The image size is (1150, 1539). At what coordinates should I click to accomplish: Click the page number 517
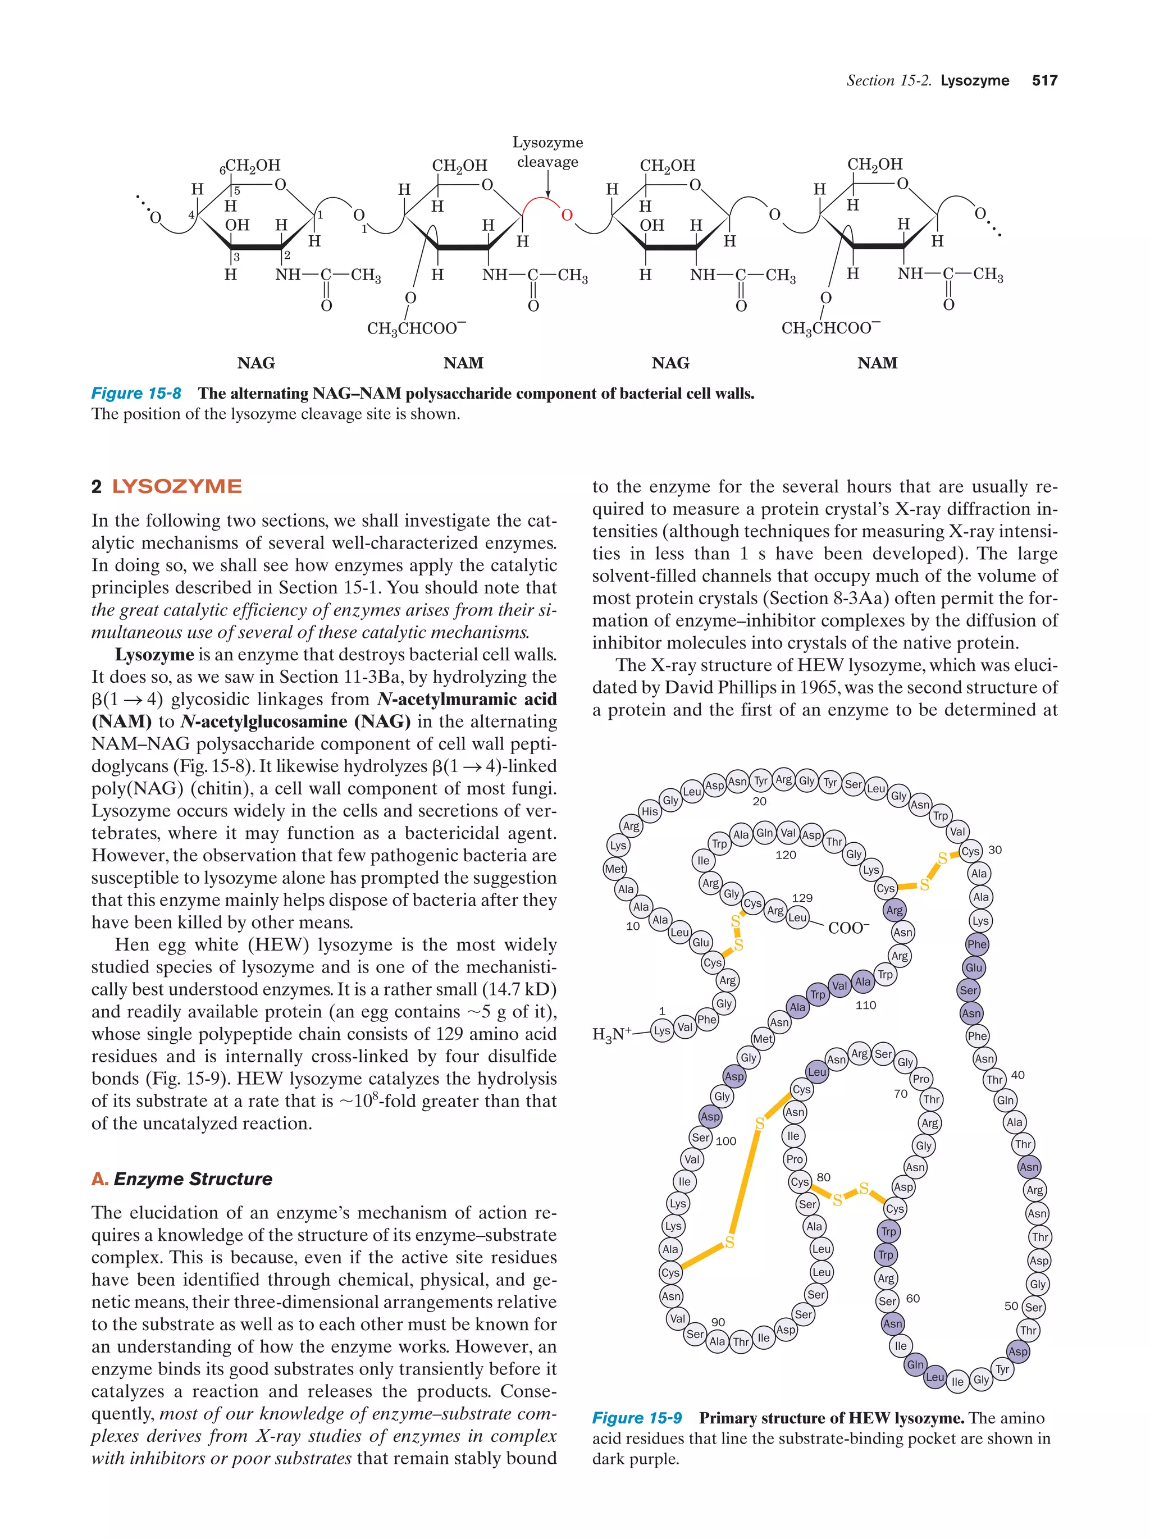click(x=1044, y=81)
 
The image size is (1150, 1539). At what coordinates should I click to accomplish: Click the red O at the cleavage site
click(x=567, y=215)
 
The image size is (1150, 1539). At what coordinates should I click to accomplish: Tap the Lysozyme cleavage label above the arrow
click(x=547, y=152)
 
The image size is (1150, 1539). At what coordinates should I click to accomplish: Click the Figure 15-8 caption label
click(x=136, y=393)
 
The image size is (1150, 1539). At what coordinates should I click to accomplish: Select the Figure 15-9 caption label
click(x=637, y=1417)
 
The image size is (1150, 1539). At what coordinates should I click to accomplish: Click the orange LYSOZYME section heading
click(x=177, y=486)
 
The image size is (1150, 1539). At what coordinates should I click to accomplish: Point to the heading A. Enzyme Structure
click(x=182, y=1179)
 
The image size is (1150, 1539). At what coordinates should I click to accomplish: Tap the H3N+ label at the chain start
click(x=611, y=1035)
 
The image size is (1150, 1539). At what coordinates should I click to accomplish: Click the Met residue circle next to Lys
click(x=614, y=868)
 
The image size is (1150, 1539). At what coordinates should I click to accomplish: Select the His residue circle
click(x=649, y=811)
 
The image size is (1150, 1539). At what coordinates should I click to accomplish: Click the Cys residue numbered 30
click(x=970, y=851)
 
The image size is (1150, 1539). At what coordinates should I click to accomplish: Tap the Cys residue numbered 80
click(x=800, y=1181)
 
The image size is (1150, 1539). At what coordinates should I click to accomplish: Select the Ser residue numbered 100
click(x=701, y=1138)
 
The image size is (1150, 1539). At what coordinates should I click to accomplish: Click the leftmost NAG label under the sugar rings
click(x=256, y=363)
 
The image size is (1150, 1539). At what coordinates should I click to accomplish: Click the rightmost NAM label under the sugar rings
click(x=877, y=363)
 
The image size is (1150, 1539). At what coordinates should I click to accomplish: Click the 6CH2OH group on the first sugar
click(x=250, y=166)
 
